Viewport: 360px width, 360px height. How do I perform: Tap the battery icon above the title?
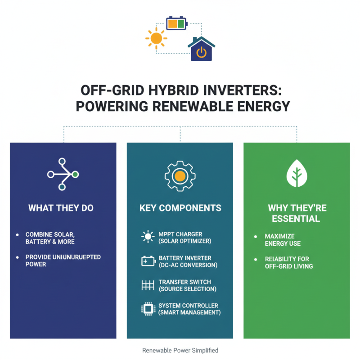[x=176, y=23]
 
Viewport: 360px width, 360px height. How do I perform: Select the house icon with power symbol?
[x=201, y=50]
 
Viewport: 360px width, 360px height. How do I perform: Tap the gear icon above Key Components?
[x=180, y=175]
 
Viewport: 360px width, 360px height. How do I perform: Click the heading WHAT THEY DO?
[x=63, y=208]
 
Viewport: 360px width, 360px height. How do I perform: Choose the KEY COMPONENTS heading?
[x=180, y=208]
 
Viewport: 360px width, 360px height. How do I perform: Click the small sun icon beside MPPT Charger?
[x=148, y=237]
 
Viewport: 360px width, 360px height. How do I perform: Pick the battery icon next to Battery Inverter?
[x=148, y=261]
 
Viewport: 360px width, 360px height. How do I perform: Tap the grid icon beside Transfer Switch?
[x=148, y=285]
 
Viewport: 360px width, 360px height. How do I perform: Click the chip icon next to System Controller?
[x=148, y=309]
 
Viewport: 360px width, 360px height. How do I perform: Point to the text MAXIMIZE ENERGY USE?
[x=283, y=240]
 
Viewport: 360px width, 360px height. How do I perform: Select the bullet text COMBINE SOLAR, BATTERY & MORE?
[x=50, y=238]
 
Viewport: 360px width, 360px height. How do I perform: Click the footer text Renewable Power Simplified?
[x=180, y=350]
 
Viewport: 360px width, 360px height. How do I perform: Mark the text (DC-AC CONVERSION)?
[x=188, y=265]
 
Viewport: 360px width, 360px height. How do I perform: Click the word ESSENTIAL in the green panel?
[x=297, y=219]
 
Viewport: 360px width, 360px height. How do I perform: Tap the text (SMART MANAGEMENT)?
[x=189, y=312]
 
